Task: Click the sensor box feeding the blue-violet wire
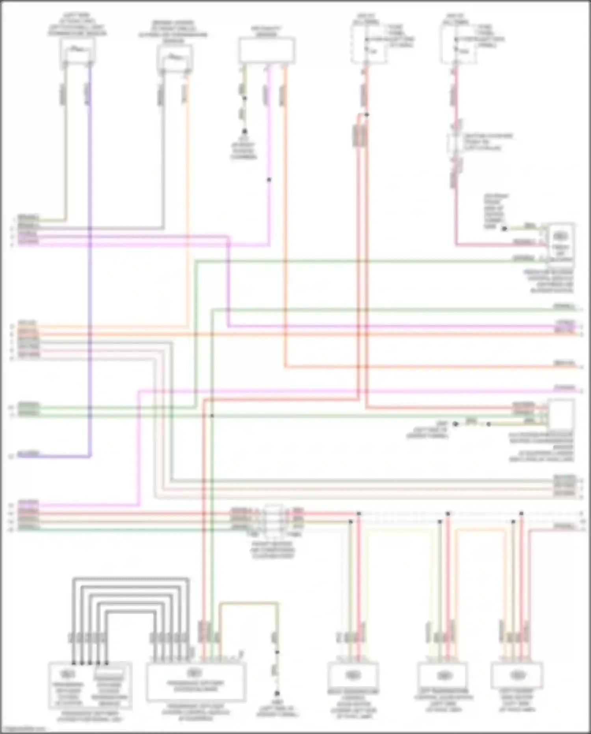click(78, 51)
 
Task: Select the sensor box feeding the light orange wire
click(175, 58)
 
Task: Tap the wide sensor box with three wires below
click(266, 50)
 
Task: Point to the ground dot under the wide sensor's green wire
click(244, 131)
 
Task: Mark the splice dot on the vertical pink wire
click(269, 180)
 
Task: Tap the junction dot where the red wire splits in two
click(366, 115)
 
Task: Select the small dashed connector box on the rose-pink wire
click(455, 143)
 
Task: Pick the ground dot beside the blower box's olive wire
click(504, 228)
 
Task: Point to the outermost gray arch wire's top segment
click(130, 579)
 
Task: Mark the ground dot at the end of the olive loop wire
click(277, 693)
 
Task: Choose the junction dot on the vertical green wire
click(212, 416)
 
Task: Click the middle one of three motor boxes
click(443, 676)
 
